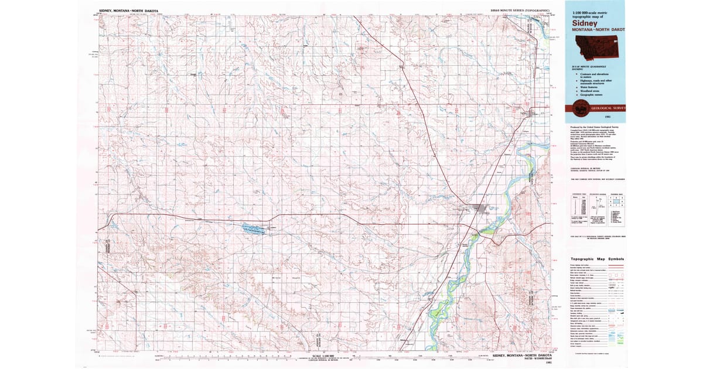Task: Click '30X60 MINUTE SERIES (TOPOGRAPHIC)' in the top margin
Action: point(521,10)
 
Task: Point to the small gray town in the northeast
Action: point(534,114)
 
